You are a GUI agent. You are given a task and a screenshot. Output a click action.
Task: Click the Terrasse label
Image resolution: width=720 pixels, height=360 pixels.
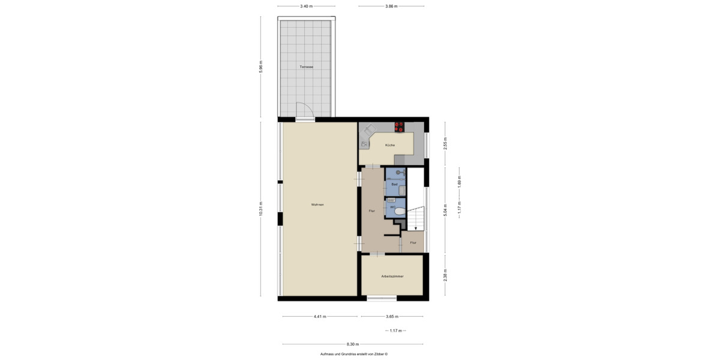(x=307, y=67)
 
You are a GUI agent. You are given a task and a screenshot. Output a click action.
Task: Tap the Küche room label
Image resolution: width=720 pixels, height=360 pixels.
(x=390, y=145)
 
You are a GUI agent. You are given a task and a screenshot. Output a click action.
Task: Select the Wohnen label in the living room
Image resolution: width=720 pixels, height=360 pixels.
(x=317, y=205)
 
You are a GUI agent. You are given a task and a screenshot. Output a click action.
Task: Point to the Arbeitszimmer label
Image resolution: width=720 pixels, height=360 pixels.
(x=392, y=276)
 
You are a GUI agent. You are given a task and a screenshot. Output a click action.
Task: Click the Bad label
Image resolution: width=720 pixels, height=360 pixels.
(x=394, y=184)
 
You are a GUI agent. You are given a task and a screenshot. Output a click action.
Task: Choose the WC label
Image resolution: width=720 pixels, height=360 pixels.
(x=393, y=207)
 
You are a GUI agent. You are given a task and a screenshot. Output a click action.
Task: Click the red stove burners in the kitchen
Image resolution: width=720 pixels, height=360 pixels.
(x=399, y=127)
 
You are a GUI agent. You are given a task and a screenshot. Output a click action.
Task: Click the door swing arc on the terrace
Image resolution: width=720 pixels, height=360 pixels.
(x=305, y=110)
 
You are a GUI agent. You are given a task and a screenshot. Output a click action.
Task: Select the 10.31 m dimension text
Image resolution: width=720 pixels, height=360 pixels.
(x=261, y=209)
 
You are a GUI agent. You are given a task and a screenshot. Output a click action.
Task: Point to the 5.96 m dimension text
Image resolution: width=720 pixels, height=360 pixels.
(x=261, y=66)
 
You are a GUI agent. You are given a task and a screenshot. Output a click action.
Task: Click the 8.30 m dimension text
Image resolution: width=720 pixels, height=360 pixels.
(x=353, y=344)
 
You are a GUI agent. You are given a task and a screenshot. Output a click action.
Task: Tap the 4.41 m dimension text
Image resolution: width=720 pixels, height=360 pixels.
(x=320, y=316)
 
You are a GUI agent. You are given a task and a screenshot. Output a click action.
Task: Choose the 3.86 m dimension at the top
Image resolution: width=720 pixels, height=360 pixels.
(x=391, y=6)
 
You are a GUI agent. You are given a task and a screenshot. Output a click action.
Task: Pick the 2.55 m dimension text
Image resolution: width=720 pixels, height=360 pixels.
(x=445, y=144)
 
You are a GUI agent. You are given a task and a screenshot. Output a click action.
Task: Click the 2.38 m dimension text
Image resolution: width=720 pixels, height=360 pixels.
(x=445, y=275)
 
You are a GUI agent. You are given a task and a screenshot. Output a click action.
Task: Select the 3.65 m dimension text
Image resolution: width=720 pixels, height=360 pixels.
(x=391, y=316)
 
